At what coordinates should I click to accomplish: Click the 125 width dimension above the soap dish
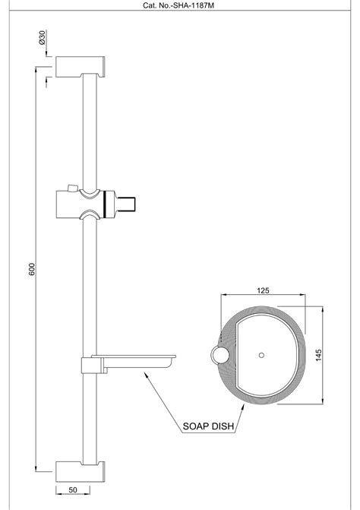click(264, 290)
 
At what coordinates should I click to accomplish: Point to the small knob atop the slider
click(71, 187)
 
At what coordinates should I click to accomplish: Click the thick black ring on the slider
click(104, 203)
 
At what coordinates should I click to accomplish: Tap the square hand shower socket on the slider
click(127, 203)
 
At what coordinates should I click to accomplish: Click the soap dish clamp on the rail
click(90, 366)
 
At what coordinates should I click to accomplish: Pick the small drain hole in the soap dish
click(261, 355)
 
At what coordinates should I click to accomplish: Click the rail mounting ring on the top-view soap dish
click(219, 355)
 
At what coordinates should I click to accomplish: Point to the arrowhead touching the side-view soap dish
click(144, 372)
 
